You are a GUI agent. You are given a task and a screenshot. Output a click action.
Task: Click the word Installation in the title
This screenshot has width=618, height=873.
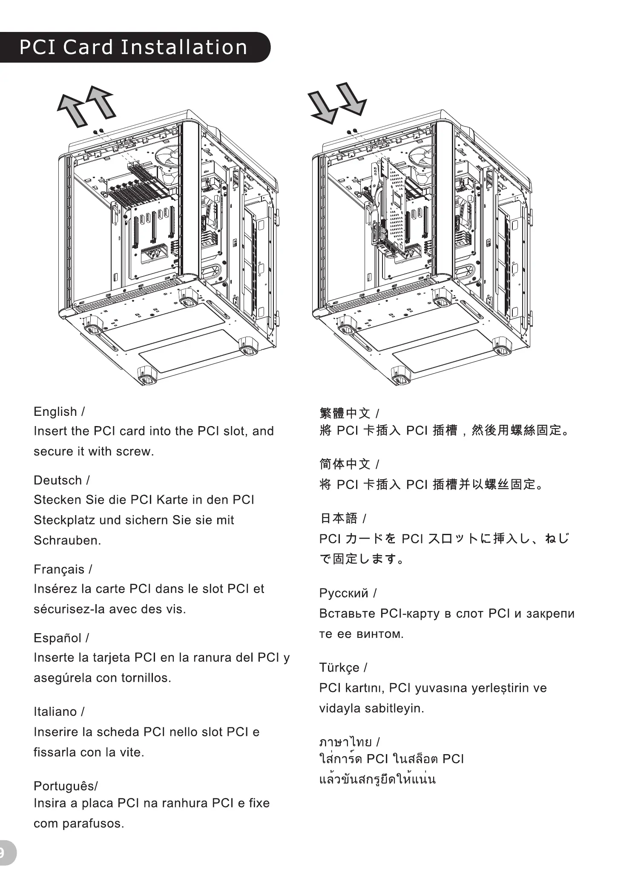click(184, 47)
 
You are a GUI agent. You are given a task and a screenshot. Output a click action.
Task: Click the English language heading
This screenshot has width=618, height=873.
click(55, 412)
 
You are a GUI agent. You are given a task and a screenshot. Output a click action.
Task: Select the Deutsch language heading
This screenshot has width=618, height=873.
click(58, 480)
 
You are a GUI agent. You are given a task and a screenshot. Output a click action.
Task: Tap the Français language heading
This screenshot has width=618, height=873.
click(59, 569)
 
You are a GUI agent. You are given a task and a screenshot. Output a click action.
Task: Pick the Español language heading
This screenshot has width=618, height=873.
click(57, 638)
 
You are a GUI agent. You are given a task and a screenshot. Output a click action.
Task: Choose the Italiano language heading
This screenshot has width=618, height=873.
click(55, 712)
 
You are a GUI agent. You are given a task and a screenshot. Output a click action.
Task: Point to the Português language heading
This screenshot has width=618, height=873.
click(65, 786)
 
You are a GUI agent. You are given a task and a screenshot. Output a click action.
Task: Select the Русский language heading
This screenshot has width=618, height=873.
click(344, 593)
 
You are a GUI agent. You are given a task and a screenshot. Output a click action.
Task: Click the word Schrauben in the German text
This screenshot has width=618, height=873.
click(67, 540)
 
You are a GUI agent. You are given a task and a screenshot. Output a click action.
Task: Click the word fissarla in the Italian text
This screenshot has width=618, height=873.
click(55, 752)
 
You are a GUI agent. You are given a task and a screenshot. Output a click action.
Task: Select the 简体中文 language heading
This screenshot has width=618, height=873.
click(345, 464)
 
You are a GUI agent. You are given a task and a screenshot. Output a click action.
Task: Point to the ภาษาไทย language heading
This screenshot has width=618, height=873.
click(345, 742)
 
